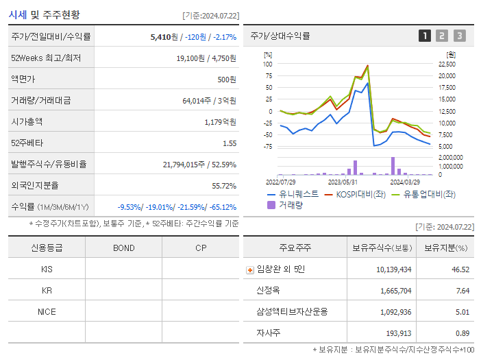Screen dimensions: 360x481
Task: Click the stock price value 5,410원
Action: (x=164, y=36)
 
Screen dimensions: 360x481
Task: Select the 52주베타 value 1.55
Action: (x=229, y=143)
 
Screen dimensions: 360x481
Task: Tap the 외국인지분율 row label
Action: (x=35, y=185)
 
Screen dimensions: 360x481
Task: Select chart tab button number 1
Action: (x=425, y=36)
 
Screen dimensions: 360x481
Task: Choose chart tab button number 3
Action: (x=459, y=36)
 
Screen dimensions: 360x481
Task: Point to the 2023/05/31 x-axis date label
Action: (x=343, y=182)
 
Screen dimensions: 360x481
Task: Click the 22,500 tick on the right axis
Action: (x=446, y=64)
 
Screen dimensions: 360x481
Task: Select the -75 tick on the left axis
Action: (x=268, y=146)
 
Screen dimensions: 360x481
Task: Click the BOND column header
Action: (x=123, y=248)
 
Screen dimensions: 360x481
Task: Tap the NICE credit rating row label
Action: (x=47, y=311)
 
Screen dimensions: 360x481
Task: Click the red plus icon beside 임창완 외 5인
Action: (x=249, y=269)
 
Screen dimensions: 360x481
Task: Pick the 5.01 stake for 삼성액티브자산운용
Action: (x=460, y=312)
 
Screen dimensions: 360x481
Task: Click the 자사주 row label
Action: (x=268, y=333)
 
